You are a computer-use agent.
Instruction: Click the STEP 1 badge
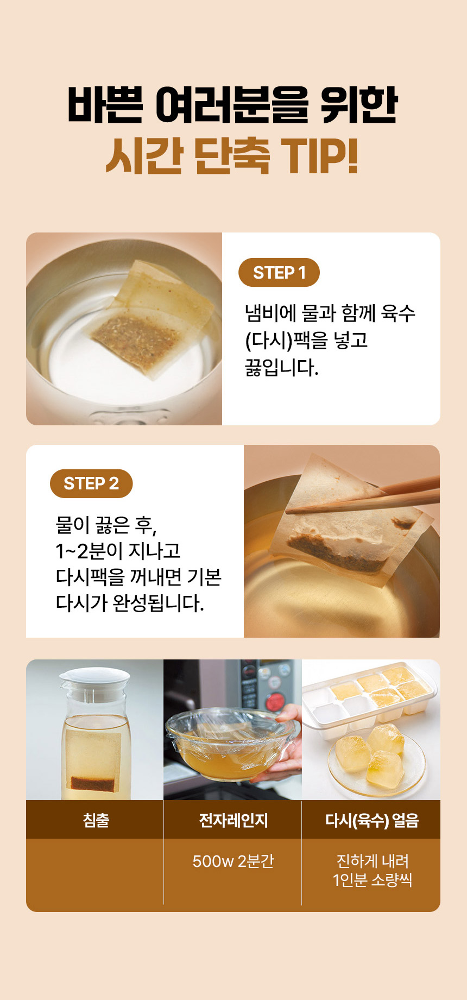tap(279, 272)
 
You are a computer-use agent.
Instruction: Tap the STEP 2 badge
tap(91, 483)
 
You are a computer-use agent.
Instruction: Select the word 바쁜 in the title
tap(105, 105)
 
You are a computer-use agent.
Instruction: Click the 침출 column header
tap(96, 820)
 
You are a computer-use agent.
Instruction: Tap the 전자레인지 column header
tap(233, 820)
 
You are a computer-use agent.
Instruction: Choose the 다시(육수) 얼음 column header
tap(371, 820)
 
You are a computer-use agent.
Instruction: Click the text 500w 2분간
tap(233, 861)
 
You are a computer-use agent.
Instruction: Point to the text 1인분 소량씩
tap(373, 879)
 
